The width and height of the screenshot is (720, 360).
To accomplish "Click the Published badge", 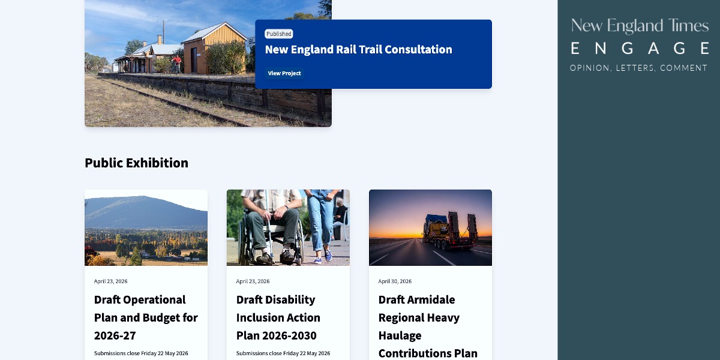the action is (x=278, y=34).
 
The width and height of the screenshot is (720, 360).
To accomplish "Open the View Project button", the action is (x=284, y=73).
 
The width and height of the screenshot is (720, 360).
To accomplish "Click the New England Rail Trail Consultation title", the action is (x=358, y=49).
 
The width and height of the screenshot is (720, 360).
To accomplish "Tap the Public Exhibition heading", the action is (x=136, y=163).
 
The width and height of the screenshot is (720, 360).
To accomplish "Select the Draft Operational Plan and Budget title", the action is (x=146, y=317).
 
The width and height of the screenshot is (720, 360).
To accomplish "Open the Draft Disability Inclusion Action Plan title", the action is (x=278, y=317).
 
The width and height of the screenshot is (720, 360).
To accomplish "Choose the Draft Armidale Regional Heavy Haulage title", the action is (x=428, y=326).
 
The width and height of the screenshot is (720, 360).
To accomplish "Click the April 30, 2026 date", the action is (x=395, y=281).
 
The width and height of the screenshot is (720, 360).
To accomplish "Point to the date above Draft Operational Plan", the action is (x=110, y=281).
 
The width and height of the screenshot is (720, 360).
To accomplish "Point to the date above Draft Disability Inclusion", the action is (x=253, y=281).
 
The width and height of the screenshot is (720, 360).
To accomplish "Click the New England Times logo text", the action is (x=640, y=26).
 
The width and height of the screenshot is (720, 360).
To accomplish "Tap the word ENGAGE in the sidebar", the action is (x=640, y=49).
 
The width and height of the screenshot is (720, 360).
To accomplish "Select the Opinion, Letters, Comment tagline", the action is (x=638, y=68).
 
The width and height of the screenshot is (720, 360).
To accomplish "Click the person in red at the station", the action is (x=176, y=64).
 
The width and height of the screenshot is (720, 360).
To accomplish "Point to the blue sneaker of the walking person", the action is (x=328, y=254).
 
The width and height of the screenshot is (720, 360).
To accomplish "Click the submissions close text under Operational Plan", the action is (x=141, y=353).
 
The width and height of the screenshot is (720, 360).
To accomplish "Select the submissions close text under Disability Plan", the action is (x=283, y=353).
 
